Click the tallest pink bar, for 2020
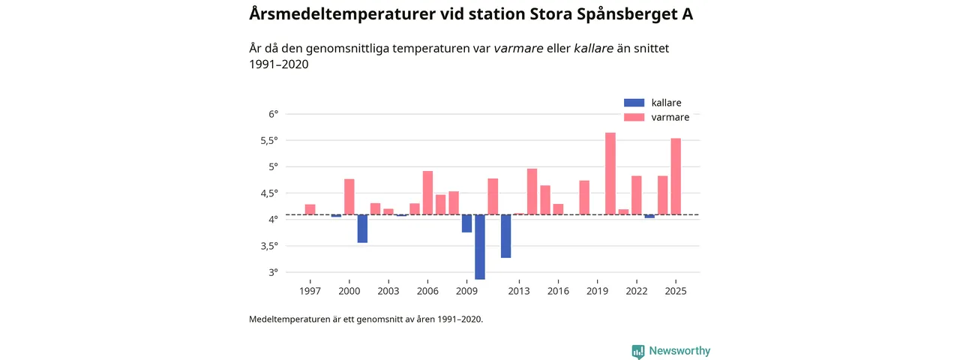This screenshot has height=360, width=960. (610, 174)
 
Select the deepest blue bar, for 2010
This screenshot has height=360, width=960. (480, 247)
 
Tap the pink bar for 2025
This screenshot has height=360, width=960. (676, 176)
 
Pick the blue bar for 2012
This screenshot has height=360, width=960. (506, 236)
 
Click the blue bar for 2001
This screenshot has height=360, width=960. (362, 229)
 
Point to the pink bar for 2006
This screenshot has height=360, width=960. (427, 193)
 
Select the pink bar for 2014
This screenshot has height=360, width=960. (532, 192)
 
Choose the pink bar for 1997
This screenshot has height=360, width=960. (310, 209)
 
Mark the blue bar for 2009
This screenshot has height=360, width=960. (466, 223)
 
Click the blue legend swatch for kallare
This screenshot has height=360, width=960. (634, 103)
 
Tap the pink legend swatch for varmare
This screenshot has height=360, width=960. (634, 117)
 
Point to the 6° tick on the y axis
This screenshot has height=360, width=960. (273, 114)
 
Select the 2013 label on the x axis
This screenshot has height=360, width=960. (518, 291)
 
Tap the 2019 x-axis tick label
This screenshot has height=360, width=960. (597, 291)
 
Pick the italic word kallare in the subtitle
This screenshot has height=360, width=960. (594, 49)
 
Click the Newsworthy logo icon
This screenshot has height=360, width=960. (638, 351)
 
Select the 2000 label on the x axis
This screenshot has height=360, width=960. (349, 291)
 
